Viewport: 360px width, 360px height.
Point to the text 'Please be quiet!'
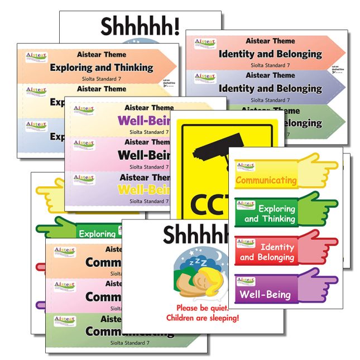(x=201, y=308)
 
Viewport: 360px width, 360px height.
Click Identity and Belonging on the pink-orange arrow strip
(x=270, y=54)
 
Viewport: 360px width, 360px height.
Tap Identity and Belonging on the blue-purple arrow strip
(x=270, y=88)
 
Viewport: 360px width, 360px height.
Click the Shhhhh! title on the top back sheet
(x=140, y=26)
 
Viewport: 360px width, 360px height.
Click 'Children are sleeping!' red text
(x=203, y=318)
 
